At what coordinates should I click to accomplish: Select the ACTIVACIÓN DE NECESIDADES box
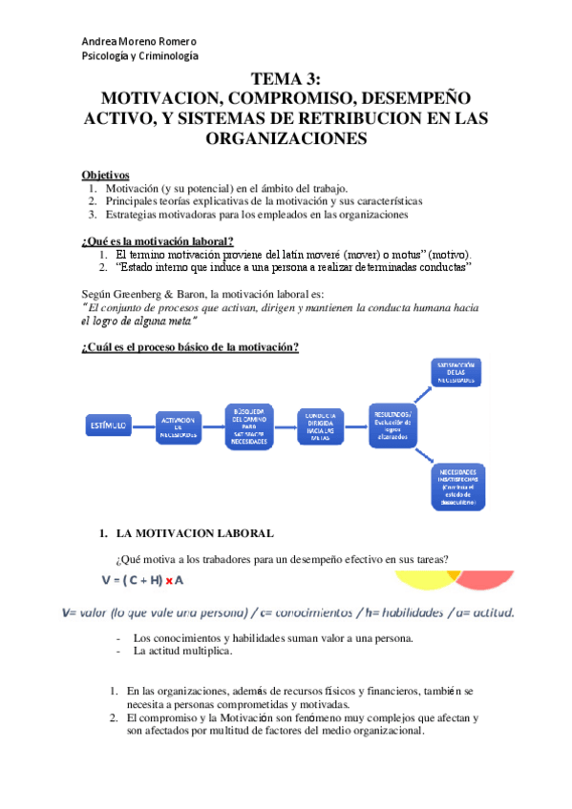(x=179, y=427)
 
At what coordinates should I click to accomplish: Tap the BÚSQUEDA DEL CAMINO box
(x=249, y=427)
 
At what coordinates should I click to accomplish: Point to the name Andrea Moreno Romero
(x=139, y=42)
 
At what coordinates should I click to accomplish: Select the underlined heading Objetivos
(x=105, y=175)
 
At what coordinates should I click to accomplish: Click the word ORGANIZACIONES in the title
(x=286, y=138)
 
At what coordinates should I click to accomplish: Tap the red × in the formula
(x=169, y=579)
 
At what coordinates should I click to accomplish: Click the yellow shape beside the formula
(x=420, y=580)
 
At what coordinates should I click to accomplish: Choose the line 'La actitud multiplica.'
(x=184, y=652)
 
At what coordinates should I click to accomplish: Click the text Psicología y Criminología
(x=140, y=56)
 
